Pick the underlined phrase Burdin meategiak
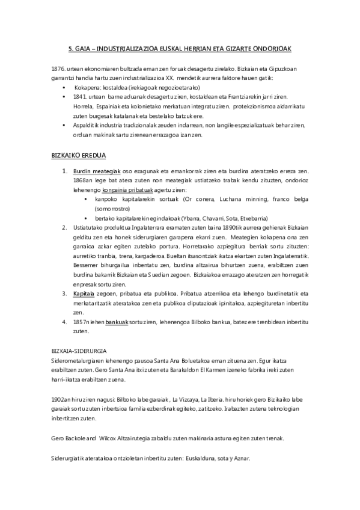coord(97,171)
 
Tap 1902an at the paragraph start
coord(64,398)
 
